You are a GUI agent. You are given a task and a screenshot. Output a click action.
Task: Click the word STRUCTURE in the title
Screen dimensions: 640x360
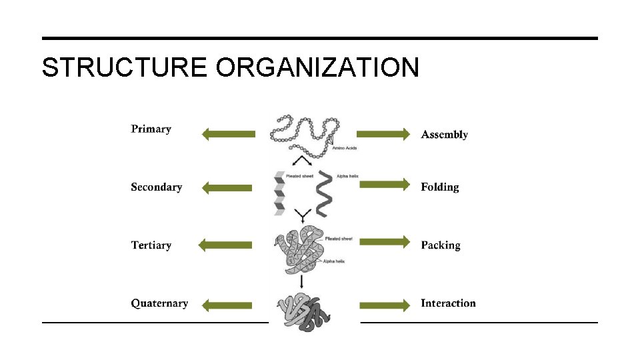tap(124, 67)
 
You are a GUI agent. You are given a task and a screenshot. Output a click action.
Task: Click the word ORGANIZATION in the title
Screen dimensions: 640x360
tap(317, 67)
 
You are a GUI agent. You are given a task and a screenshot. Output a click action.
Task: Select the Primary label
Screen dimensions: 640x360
tap(151, 129)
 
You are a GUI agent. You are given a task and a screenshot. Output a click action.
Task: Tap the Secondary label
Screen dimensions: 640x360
tap(156, 187)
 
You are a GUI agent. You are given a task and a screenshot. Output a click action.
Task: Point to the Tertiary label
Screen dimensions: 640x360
tap(151, 245)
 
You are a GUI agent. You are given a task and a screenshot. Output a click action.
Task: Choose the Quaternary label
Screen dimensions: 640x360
tap(159, 303)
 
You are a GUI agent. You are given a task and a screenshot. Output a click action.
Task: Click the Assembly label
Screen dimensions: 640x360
tap(444, 135)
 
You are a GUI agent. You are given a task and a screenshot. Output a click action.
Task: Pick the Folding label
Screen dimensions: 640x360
tap(439, 187)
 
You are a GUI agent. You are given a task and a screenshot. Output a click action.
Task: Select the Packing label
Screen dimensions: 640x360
tap(440, 245)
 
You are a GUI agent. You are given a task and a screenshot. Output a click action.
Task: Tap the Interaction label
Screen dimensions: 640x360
tap(448, 303)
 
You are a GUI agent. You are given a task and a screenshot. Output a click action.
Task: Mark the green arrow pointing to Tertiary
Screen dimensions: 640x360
tap(227, 245)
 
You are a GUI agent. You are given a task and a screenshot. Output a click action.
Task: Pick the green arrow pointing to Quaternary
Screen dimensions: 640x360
tap(227, 305)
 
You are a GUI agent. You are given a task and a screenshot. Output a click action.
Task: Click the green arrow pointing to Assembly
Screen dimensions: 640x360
tap(383, 135)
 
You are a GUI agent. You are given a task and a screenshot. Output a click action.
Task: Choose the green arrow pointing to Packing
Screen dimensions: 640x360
tap(384, 241)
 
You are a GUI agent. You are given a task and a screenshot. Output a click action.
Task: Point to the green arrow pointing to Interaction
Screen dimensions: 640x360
tap(384, 305)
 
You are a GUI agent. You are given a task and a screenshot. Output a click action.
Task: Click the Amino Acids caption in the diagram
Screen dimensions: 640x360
tap(344, 147)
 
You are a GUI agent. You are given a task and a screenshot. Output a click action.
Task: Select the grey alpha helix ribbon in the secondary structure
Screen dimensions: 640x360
tap(323, 193)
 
